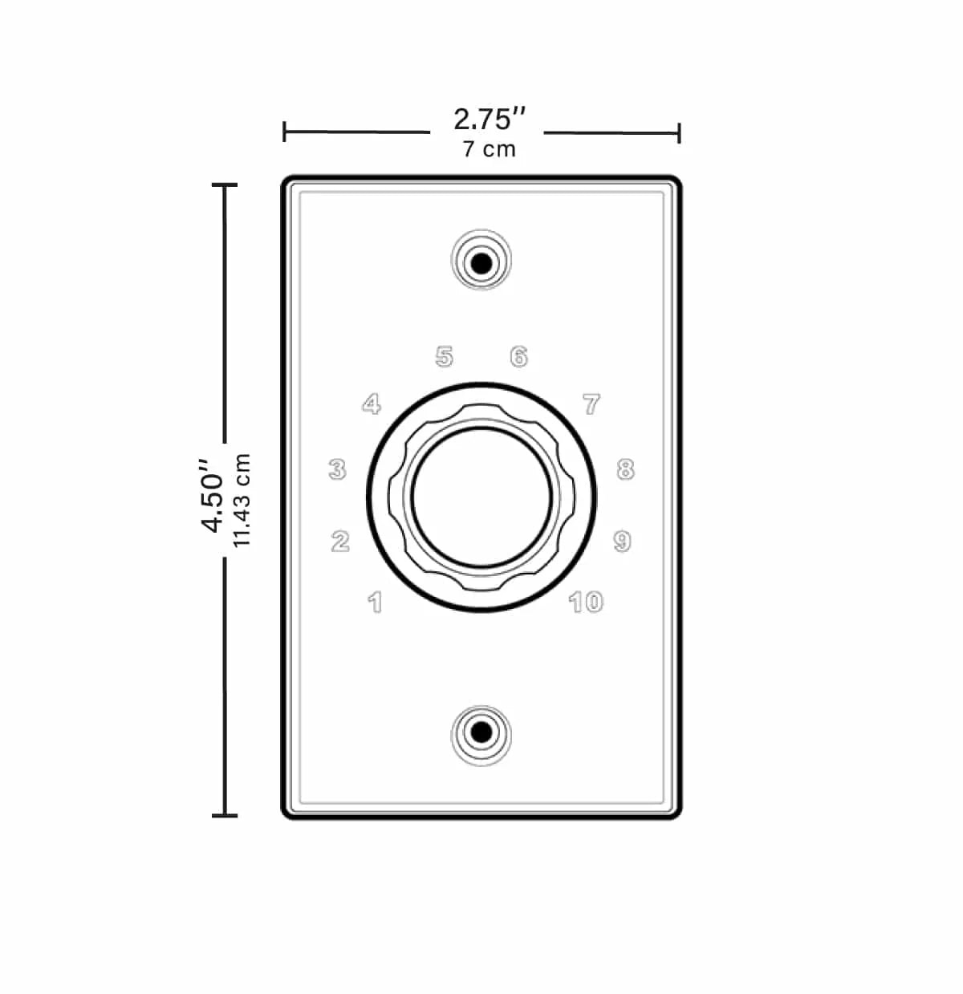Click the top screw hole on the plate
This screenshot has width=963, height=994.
[481, 262]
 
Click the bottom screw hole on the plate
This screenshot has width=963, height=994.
[481, 732]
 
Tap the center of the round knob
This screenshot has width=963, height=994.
[481, 498]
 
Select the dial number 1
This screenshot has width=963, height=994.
[375, 602]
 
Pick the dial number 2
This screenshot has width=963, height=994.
[340, 542]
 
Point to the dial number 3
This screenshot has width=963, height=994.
[338, 469]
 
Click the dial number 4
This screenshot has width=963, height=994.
[372, 404]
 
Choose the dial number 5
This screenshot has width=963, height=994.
[445, 356]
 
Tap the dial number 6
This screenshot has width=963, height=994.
[519, 356]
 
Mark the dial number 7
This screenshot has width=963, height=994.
[591, 404]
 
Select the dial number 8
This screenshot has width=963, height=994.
[625, 469]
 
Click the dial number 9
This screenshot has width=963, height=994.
[622, 542]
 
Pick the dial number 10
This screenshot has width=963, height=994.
[586, 602]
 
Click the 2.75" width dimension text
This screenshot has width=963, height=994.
[490, 120]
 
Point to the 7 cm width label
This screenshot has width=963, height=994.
[490, 149]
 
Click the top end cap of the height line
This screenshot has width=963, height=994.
[225, 185]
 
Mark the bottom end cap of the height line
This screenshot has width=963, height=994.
[225, 816]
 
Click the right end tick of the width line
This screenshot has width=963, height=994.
[679, 132]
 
